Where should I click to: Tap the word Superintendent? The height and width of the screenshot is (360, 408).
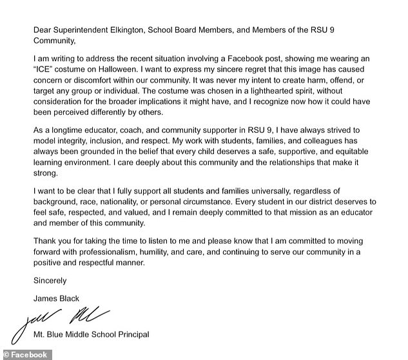[x=68, y=28]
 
